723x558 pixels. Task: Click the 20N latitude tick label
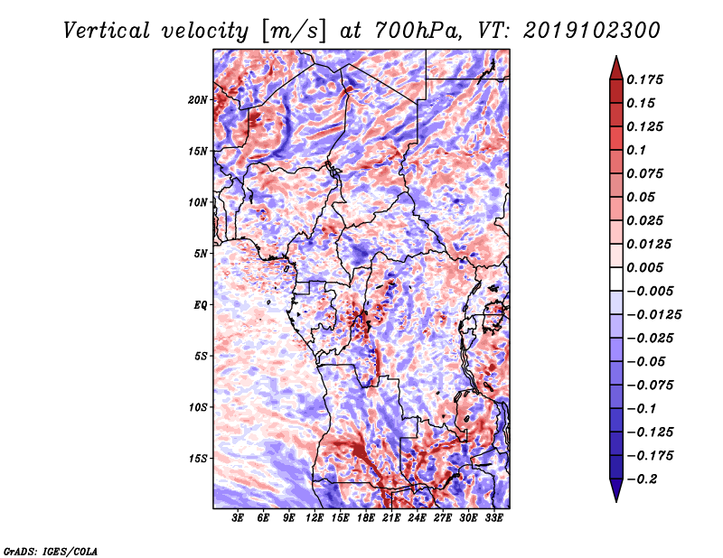tap(198, 99)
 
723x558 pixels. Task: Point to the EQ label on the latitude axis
tap(202, 305)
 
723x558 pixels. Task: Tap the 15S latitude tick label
tap(198, 458)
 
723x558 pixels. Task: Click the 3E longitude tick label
tap(239, 518)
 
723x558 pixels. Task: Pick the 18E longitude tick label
tap(366, 518)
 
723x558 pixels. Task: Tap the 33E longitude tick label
tap(493, 518)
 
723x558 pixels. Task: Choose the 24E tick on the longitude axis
tap(417, 518)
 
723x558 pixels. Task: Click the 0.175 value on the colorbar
tap(648, 79)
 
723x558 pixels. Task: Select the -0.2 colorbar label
tap(643, 479)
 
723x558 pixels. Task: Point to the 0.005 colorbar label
tap(648, 267)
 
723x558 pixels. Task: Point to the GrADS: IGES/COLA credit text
tap(50, 550)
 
